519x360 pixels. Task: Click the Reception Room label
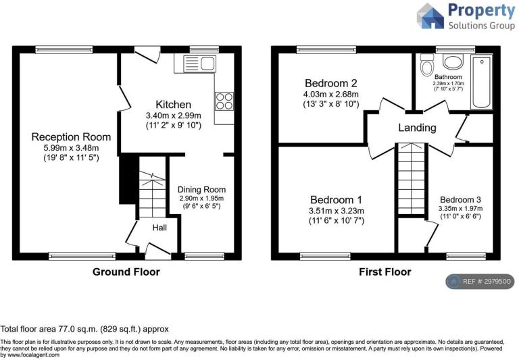point(71,136)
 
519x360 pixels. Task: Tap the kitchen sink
point(199,63)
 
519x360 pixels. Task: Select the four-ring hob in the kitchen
point(224,101)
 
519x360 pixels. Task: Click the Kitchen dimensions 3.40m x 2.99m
point(174,115)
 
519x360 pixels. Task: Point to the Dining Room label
point(201,190)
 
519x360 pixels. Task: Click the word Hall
point(159,228)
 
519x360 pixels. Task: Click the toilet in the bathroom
point(427,65)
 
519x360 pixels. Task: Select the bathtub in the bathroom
point(482,82)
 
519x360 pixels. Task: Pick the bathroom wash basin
point(454,62)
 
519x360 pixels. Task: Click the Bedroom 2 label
point(331,82)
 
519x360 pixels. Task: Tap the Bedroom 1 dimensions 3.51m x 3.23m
point(337,211)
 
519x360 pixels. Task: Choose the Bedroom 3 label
point(460,199)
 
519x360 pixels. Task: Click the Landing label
point(417,128)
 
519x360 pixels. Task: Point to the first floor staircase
point(411,179)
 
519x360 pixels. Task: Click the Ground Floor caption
point(126,272)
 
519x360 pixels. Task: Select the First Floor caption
point(385,272)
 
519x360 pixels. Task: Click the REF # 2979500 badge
point(480,282)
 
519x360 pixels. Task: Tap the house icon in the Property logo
point(430,16)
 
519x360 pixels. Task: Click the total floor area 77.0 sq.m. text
point(84,329)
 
